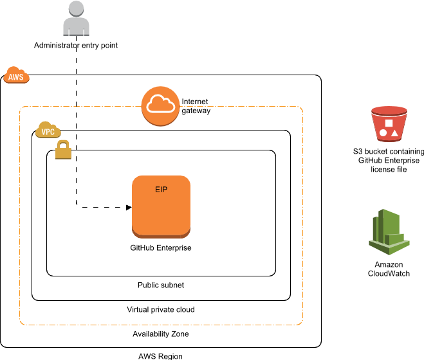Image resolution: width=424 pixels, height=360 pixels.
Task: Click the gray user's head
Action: point(76,8)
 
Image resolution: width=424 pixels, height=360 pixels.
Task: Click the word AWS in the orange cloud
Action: point(16,77)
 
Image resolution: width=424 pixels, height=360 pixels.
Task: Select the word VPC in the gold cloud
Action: point(48,132)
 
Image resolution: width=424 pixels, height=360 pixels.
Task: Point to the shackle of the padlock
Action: point(63,145)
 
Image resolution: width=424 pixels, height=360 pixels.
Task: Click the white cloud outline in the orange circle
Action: point(160,104)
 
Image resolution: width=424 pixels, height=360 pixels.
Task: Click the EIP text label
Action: point(161,190)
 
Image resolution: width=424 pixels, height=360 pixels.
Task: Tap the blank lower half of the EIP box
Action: point(161,215)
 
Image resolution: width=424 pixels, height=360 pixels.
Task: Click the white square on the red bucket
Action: point(389,123)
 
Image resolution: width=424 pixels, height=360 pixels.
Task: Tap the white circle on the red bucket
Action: point(383,132)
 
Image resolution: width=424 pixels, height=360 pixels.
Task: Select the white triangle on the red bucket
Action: point(394,132)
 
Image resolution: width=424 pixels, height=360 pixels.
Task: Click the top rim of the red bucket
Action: point(389,110)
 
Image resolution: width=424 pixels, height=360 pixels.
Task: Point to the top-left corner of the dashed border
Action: point(21,107)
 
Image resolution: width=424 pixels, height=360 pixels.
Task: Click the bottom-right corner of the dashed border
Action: point(302,324)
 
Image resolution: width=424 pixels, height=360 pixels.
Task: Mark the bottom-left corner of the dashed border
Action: point(21,324)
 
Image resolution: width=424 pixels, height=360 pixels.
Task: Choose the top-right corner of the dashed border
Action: point(302,107)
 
